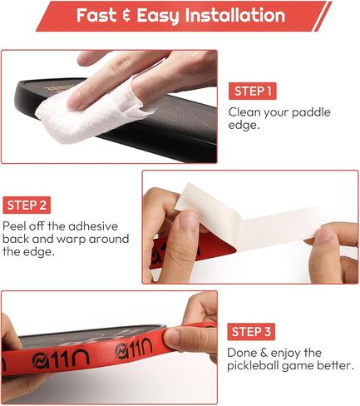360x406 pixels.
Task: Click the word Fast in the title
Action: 99,16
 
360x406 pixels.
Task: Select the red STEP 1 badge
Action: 252,91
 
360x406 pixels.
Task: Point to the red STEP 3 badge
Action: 252,330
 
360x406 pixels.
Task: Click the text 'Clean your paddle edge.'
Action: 269,117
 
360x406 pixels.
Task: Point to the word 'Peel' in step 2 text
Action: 16,225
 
